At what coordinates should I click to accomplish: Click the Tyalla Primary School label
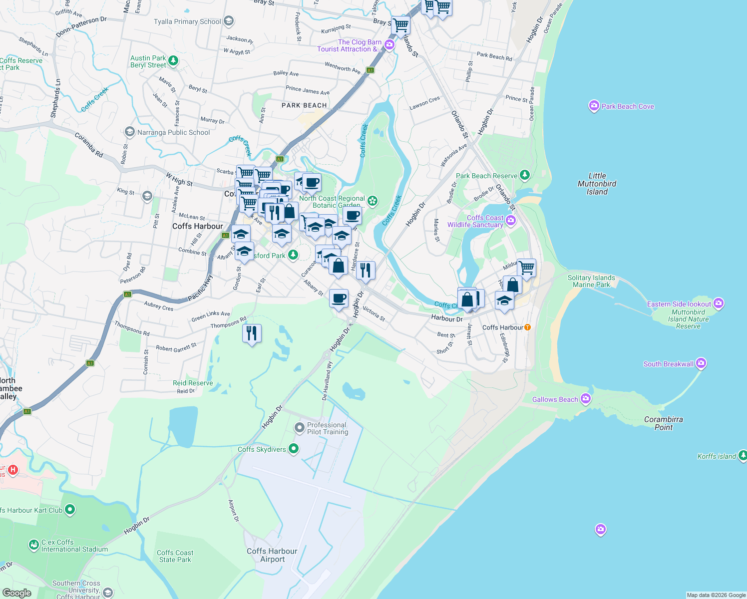[187, 21]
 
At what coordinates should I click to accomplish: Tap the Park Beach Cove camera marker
[594, 105]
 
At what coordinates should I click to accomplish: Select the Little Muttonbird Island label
[597, 184]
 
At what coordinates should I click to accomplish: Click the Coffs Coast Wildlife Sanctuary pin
[510, 220]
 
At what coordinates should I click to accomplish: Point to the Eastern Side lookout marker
[718, 303]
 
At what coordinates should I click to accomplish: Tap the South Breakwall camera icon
[701, 363]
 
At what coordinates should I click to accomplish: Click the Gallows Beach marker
[586, 398]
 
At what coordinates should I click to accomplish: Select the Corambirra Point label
[663, 423]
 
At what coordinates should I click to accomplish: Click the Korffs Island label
[717, 456]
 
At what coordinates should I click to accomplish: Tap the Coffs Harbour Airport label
[272, 555]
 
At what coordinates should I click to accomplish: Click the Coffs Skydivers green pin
[294, 449]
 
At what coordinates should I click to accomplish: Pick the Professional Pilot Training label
[328, 428]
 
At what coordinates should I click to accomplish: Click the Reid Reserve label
[193, 383]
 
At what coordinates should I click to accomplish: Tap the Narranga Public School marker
[129, 132]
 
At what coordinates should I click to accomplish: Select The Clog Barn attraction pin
[389, 45]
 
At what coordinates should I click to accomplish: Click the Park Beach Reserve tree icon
[524, 175]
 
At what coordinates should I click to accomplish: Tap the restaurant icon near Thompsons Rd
[252, 333]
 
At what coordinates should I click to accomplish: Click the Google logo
[16, 593]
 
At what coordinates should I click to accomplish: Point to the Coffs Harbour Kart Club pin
[70, 509]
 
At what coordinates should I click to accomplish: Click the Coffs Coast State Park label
[175, 556]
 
